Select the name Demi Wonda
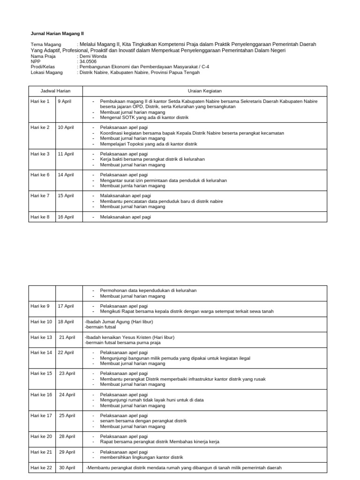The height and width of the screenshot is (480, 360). click(x=93, y=56)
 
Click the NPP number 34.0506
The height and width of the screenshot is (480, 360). click(x=88, y=61)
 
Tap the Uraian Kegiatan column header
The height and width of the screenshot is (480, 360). click(x=204, y=91)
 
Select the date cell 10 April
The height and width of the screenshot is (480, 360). click(x=66, y=127)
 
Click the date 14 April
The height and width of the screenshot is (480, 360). click(x=66, y=175)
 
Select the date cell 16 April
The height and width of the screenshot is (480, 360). click(x=66, y=217)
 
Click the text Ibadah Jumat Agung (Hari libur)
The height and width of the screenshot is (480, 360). click(x=119, y=322)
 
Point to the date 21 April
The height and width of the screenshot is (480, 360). click(x=67, y=337)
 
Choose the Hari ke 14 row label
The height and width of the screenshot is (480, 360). click(x=41, y=353)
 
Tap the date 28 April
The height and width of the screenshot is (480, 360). click(x=67, y=436)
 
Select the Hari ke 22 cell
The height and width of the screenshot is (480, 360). click(x=41, y=468)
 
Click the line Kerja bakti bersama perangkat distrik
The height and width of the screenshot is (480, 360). click(x=152, y=159)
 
